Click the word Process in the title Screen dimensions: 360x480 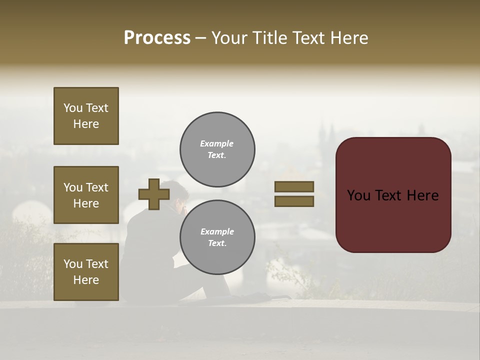157,38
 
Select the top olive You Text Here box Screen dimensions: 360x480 86,116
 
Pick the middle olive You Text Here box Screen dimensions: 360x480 86,195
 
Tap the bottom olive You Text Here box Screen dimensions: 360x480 86,272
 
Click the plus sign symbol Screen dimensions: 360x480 154,194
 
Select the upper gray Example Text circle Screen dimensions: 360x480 217,149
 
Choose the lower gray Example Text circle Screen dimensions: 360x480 217,237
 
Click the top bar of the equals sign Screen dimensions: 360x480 294,187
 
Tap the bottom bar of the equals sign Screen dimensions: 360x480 294,201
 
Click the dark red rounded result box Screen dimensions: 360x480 393,195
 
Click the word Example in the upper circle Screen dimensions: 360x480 217,143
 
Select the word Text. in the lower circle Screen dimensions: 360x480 217,243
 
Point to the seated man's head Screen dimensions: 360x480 178,192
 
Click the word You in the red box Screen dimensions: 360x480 358,195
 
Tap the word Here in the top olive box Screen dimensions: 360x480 86,124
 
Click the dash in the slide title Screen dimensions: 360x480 201,38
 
